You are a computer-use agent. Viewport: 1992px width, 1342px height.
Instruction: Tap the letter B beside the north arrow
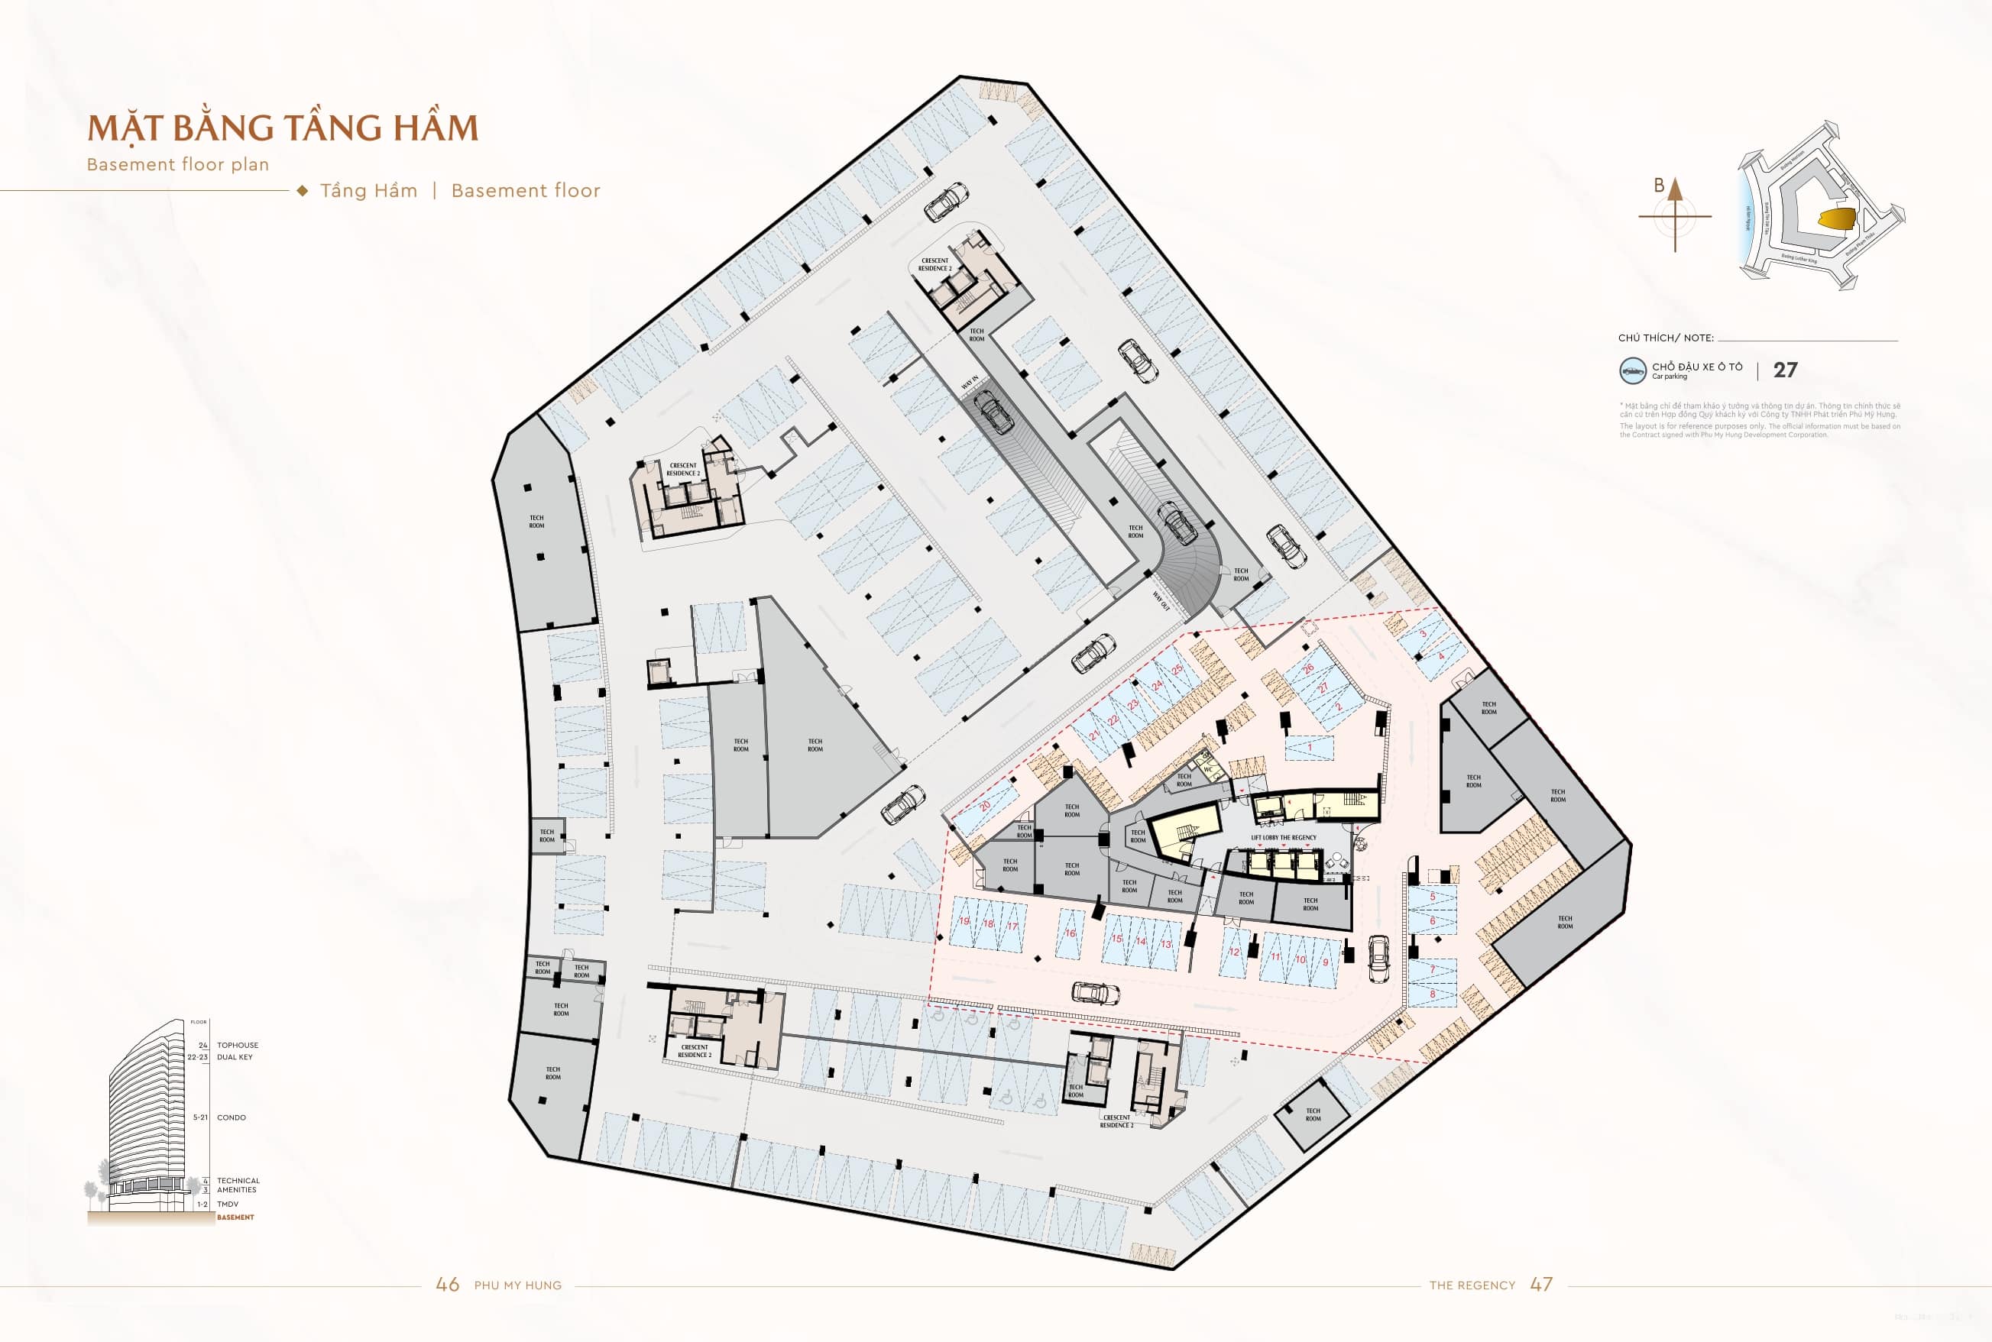(1658, 185)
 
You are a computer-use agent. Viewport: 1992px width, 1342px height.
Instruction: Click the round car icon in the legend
(1632, 370)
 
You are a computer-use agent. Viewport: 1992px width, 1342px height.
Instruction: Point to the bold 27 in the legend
(1785, 370)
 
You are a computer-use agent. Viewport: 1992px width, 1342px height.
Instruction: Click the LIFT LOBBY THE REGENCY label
(1283, 838)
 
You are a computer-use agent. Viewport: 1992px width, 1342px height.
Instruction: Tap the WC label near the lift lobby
(1208, 769)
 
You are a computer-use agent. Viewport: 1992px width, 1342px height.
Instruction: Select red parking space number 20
(985, 807)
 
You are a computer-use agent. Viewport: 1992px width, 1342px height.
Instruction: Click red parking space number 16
(1070, 933)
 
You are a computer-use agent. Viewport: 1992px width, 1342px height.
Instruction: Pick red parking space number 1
(1309, 747)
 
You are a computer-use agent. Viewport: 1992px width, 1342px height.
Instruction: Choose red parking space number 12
(1233, 952)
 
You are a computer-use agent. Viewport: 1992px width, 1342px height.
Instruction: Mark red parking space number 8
(1432, 994)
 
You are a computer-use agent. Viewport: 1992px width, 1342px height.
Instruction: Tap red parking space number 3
(1424, 634)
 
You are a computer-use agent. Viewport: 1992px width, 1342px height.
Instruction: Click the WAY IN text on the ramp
(969, 383)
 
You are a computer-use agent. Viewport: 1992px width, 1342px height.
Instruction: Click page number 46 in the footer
(447, 1285)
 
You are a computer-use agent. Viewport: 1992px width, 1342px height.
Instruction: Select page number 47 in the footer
(1541, 1285)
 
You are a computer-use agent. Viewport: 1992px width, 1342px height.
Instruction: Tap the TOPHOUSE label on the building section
(237, 1045)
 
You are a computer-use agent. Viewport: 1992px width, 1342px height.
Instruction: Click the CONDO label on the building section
(231, 1117)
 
